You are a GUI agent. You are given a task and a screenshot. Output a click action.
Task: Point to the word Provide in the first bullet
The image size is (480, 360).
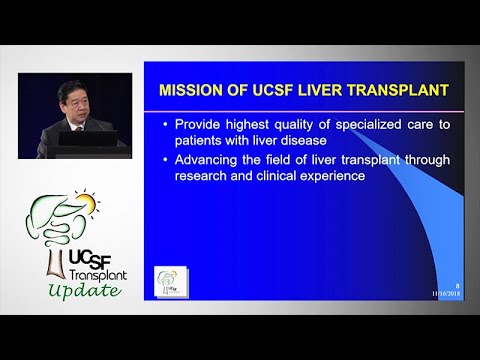200,124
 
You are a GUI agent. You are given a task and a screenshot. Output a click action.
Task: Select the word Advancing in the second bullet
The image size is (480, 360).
208,159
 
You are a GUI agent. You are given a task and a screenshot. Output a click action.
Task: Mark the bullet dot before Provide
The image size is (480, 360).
165,124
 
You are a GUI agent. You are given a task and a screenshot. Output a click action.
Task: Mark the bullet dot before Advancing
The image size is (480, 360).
165,159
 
